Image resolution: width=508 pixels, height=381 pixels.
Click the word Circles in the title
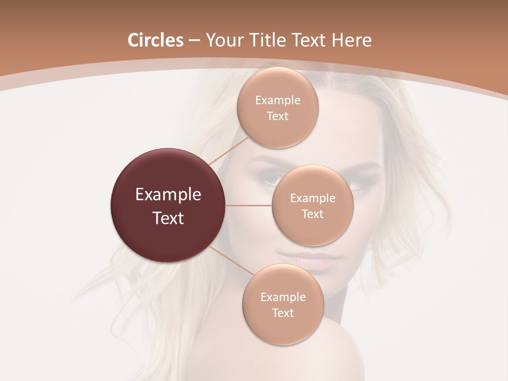coord(155,40)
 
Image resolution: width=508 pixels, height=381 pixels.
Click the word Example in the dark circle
coord(168,195)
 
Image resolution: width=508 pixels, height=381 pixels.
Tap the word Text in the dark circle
coord(168,218)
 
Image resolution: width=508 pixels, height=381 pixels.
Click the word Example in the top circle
coord(277,101)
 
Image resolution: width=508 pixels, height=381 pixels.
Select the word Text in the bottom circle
coord(283,313)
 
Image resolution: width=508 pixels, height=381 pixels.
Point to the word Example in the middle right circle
coord(313,198)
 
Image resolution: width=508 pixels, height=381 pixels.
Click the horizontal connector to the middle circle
coord(249,205)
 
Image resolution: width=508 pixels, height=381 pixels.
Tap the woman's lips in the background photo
coord(307,258)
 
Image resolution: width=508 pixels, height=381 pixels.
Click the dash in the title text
coord(194,41)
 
